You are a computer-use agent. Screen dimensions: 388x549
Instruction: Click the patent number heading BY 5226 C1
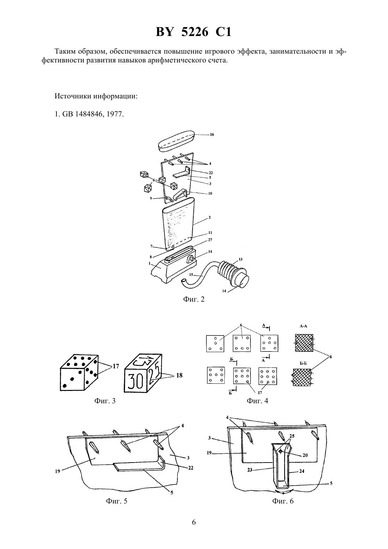194,32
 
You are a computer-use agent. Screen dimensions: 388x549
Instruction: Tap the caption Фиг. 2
194,299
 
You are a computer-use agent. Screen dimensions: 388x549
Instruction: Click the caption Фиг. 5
117,501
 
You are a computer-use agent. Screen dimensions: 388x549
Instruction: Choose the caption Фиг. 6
283,501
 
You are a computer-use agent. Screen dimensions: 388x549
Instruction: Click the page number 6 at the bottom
194,522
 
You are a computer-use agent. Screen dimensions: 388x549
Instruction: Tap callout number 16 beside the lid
212,134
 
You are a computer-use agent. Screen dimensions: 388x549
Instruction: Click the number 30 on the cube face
135,381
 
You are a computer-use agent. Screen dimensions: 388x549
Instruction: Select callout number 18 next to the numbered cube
179,375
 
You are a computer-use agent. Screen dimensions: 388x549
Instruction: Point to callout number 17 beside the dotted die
116,366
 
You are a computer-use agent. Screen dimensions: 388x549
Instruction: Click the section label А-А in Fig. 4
303,326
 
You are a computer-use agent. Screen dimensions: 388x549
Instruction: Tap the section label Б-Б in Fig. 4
303,363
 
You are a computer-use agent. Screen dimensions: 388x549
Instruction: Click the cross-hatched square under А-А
304,343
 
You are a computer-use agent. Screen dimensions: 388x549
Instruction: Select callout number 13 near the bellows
241,259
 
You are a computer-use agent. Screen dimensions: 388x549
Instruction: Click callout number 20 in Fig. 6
305,455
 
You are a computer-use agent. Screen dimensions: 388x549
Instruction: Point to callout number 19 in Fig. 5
57,471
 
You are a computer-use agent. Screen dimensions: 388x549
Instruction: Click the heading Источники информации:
96,96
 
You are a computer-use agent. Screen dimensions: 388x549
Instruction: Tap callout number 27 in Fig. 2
210,240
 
